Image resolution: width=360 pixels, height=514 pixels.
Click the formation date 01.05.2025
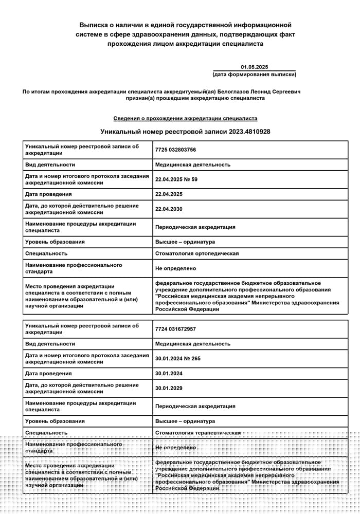[x=255, y=67]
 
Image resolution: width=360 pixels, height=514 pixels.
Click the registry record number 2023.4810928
[x=248, y=132]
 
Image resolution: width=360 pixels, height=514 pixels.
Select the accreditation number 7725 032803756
[x=175, y=150]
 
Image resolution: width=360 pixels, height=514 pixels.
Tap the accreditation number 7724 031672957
[x=175, y=329]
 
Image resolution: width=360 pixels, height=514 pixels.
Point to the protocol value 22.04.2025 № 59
[x=176, y=179]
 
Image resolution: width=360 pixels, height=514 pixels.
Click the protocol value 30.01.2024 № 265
[x=178, y=359]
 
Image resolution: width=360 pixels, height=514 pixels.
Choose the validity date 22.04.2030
[x=169, y=209]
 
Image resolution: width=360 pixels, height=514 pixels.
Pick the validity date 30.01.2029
[x=169, y=389]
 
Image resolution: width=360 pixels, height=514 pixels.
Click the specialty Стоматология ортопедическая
[x=197, y=253]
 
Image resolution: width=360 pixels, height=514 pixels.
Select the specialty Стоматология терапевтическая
[x=198, y=433]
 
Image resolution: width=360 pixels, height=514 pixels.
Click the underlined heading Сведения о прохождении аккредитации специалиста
[x=185, y=118]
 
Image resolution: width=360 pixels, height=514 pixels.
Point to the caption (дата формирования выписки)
[x=254, y=75]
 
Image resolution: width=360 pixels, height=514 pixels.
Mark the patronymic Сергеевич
[x=285, y=91]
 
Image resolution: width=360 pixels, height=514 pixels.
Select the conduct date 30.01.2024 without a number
[x=169, y=374]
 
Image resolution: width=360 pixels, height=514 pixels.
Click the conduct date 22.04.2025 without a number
[x=169, y=194]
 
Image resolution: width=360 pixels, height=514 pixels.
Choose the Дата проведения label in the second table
[x=48, y=374]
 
